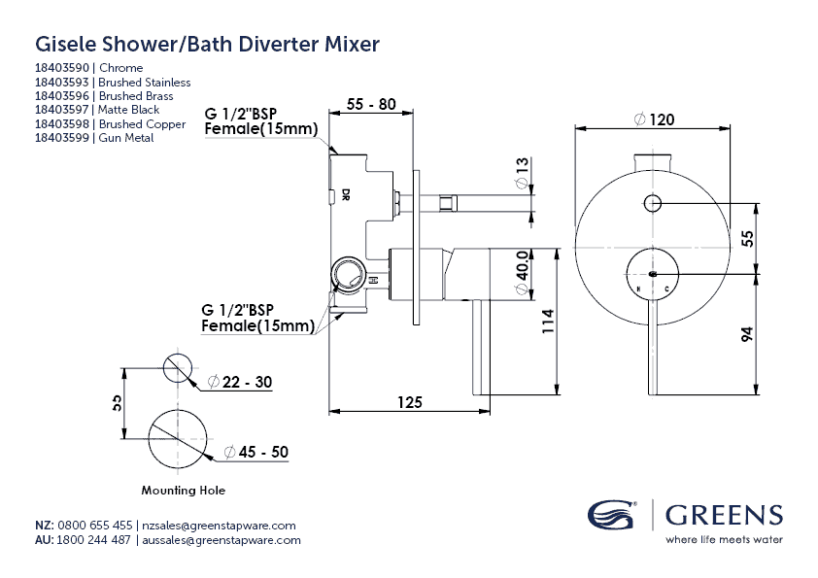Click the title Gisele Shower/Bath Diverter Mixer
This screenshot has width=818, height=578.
coord(207,44)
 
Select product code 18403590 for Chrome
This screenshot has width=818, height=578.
coord(61,68)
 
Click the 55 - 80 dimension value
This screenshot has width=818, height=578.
coord(370,105)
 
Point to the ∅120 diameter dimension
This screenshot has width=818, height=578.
coord(654,119)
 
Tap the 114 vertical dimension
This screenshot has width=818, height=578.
coord(548,323)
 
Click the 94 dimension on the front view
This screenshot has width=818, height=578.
coord(746,335)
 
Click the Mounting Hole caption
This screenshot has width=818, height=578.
coord(183,491)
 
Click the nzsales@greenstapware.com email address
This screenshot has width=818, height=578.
coord(220,525)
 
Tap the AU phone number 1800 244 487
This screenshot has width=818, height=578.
coord(94,540)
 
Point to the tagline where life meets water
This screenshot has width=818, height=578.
coord(723,539)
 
